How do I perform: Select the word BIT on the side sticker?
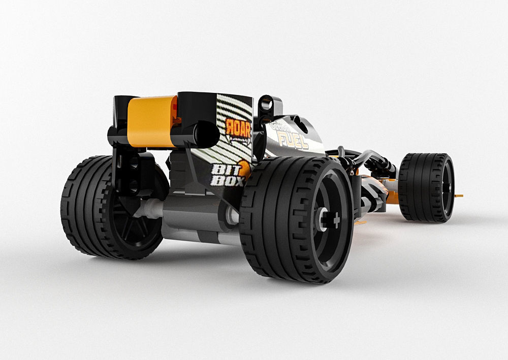click(222, 169)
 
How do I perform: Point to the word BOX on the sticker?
click(223, 180)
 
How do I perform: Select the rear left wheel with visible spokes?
click(114, 208)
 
